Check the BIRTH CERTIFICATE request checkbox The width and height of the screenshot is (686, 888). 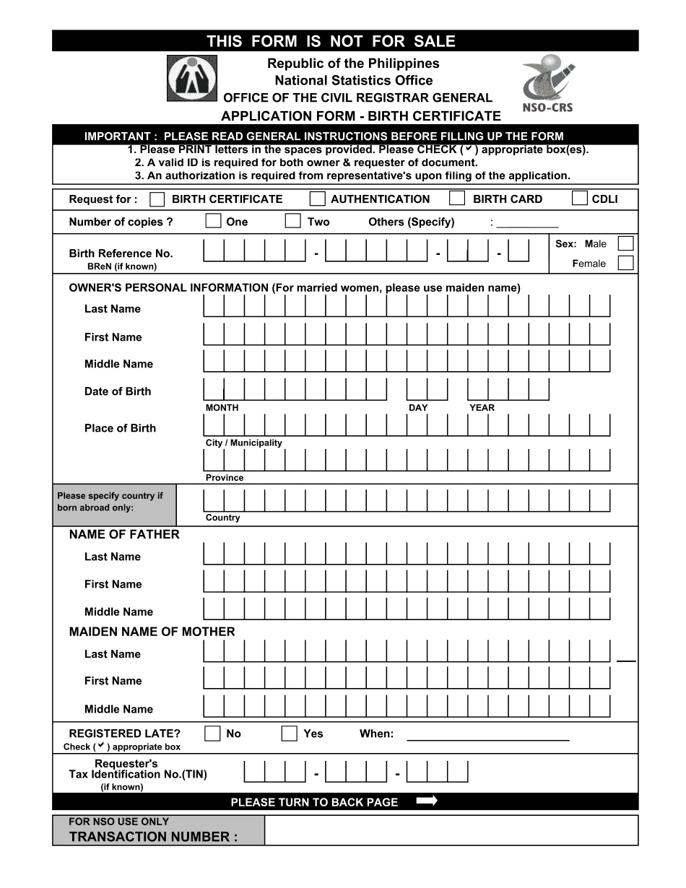click(157, 199)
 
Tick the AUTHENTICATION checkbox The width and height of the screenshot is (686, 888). click(317, 199)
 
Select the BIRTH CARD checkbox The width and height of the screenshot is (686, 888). click(456, 199)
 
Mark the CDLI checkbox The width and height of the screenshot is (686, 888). click(579, 199)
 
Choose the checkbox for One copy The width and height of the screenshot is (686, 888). click(213, 221)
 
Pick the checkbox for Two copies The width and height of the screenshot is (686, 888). click(292, 221)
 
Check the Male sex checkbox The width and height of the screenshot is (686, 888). click(625, 243)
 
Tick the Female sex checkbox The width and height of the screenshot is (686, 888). click(625, 263)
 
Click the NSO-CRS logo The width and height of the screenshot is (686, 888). click(547, 84)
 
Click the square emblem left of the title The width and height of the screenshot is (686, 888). click(192, 78)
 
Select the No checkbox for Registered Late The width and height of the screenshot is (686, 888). click(212, 734)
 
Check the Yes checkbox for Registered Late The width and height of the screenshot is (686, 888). click(290, 734)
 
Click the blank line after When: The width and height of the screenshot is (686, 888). click(488, 738)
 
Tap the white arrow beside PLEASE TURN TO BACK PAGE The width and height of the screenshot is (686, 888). click(427, 801)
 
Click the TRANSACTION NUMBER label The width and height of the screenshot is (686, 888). click(153, 837)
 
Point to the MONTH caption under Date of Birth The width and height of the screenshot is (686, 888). click(222, 408)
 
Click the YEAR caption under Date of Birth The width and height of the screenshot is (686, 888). click(482, 408)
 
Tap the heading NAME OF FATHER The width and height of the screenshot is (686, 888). click(124, 534)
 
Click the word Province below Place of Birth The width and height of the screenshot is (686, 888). click(225, 478)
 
